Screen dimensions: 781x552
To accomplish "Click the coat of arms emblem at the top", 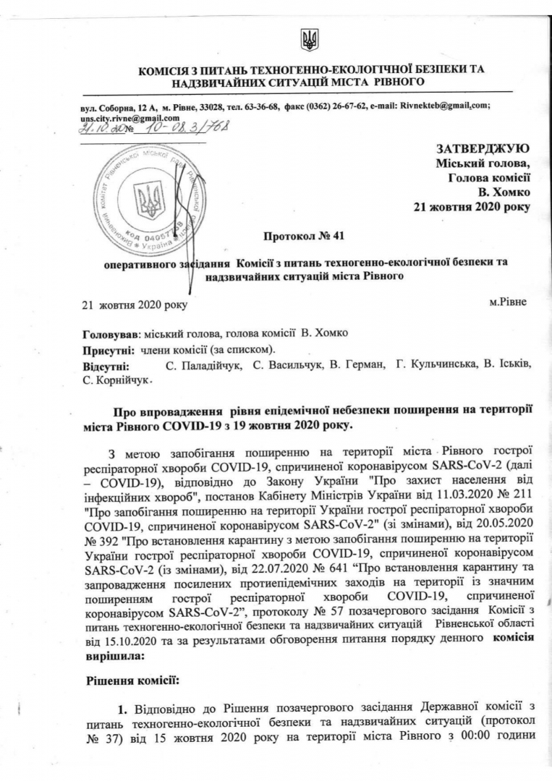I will click(x=309, y=39).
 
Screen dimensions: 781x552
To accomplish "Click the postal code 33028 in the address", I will click(x=210, y=106).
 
